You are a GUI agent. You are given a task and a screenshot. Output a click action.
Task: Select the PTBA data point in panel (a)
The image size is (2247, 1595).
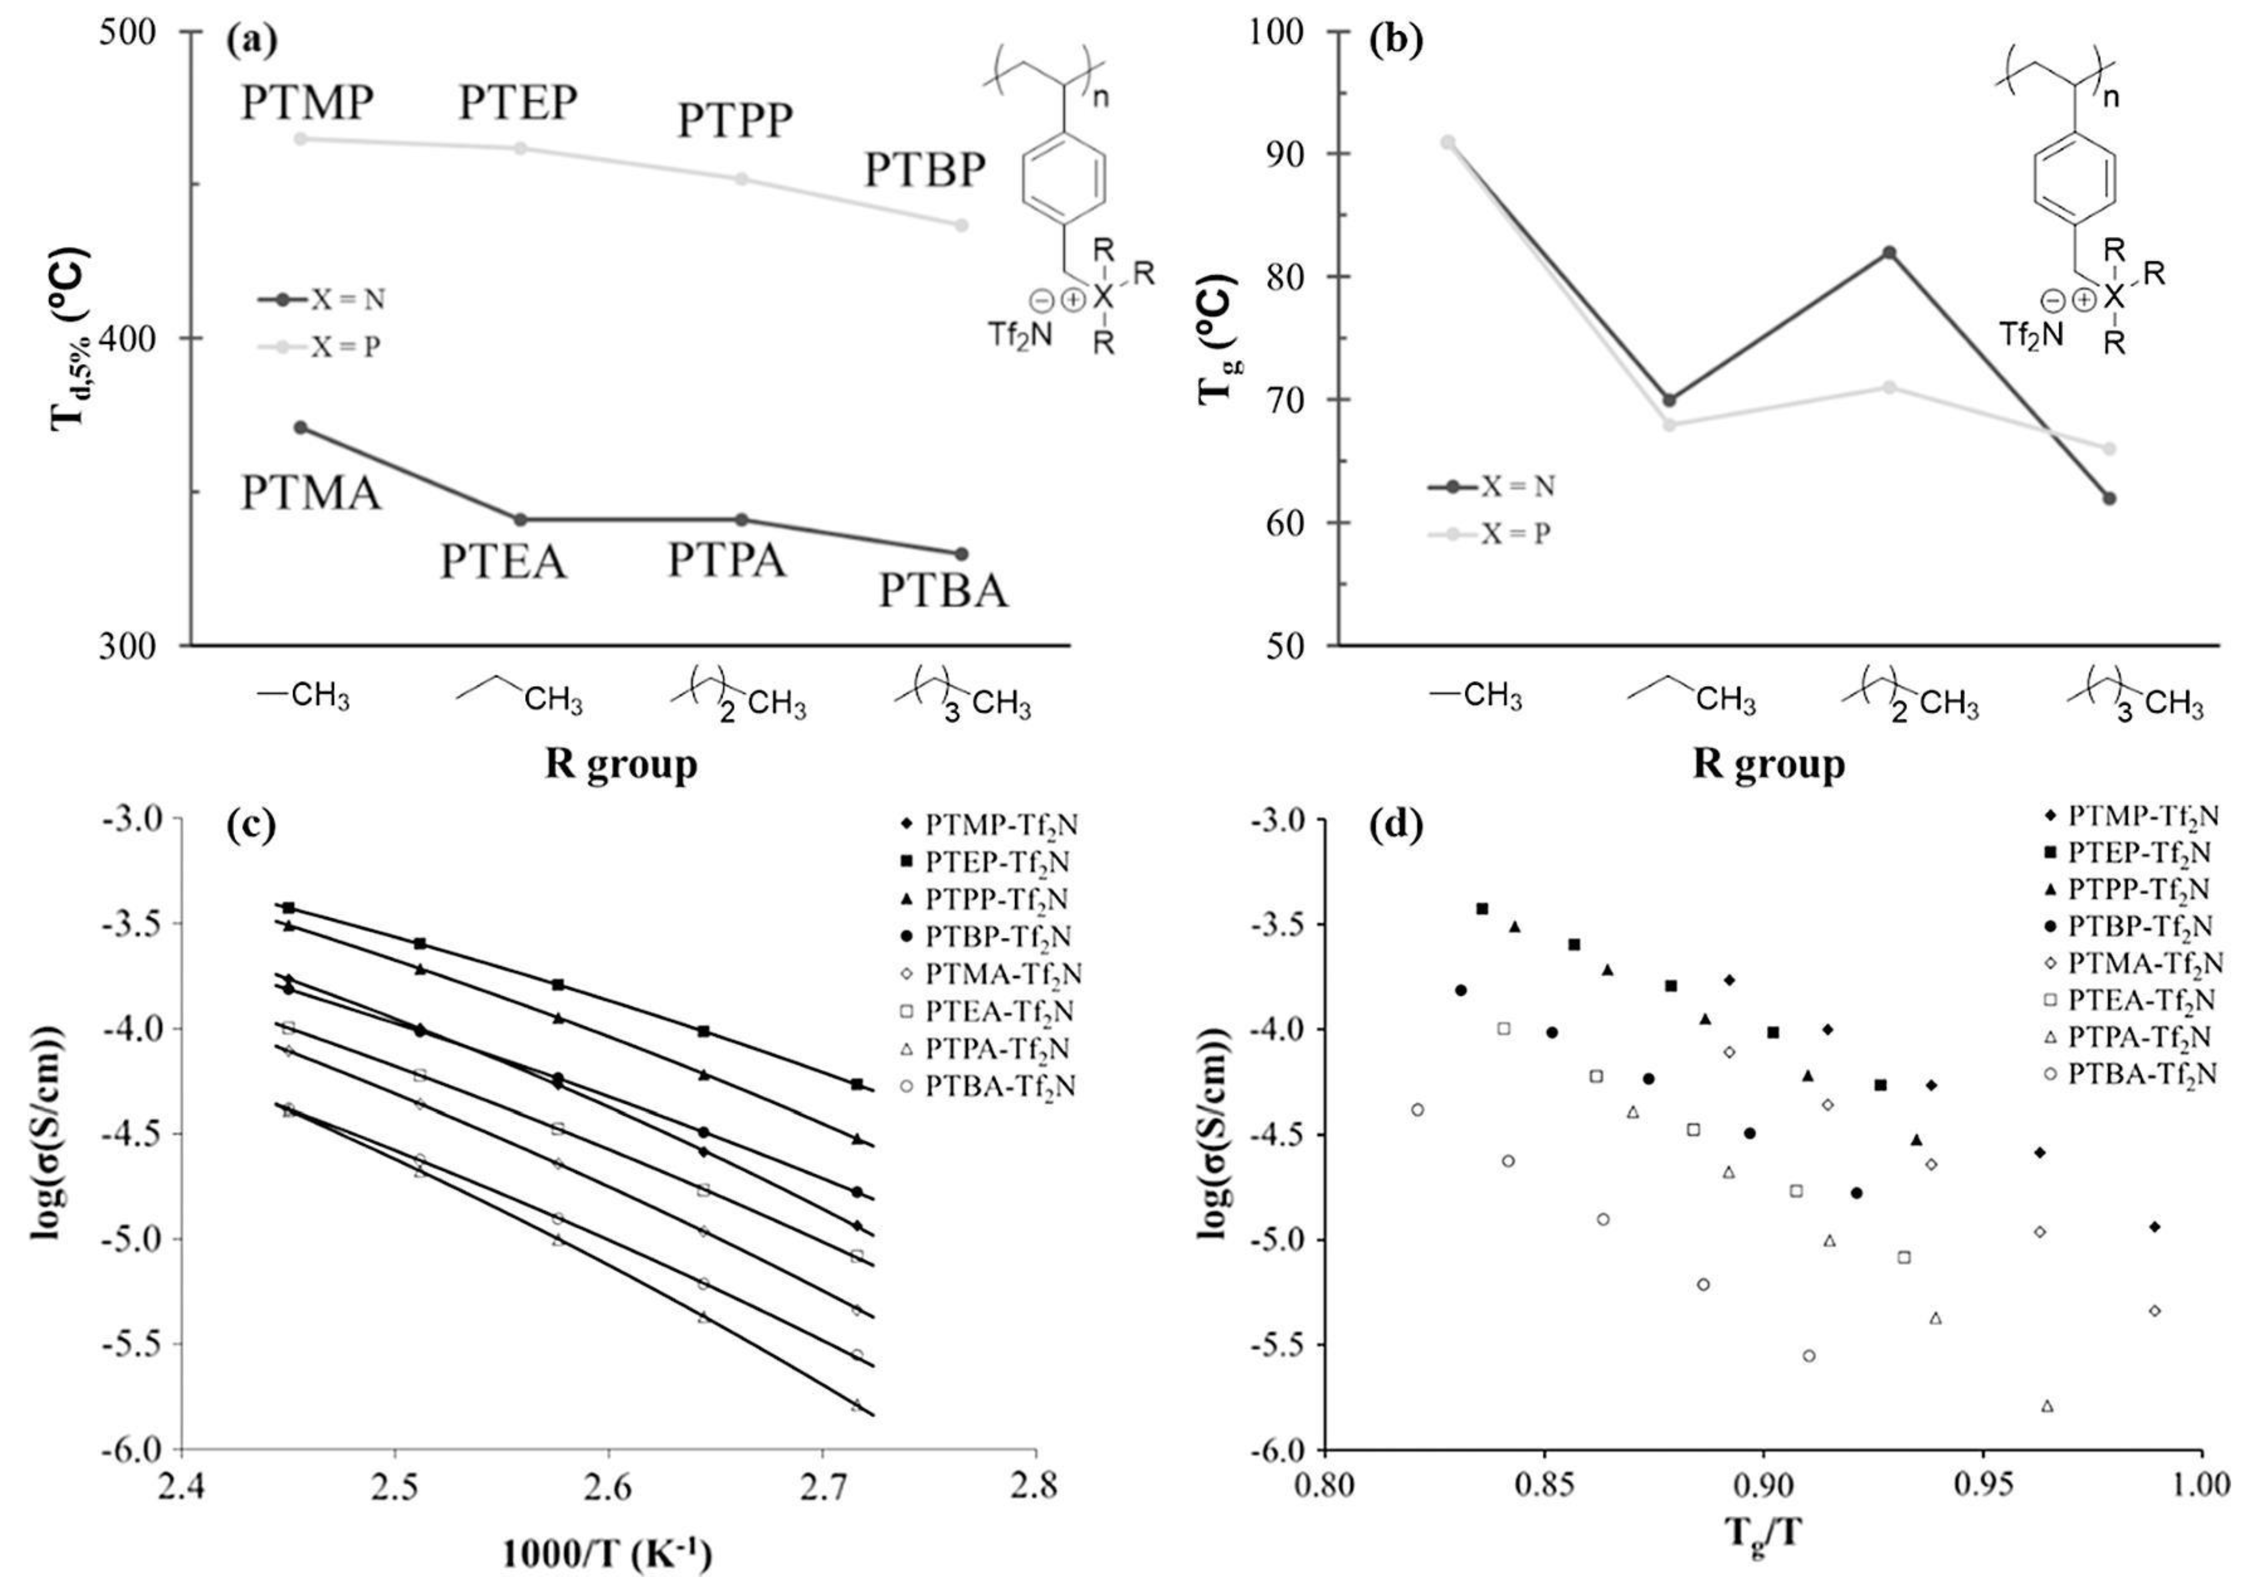coord(962,554)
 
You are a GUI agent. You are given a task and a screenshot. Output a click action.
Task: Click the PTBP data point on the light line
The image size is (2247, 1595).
coord(962,225)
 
